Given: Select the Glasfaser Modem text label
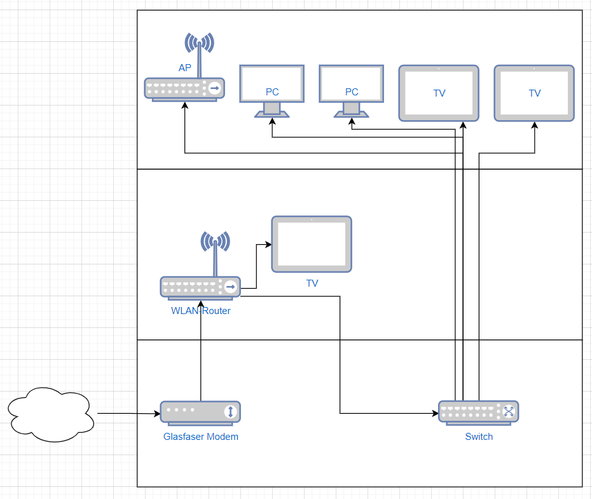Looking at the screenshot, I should (x=200, y=437).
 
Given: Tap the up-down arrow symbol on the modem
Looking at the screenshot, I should (x=230, y=412).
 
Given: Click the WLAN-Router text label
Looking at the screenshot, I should (x=200, y=311).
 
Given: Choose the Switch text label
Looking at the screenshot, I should (x=479, y=437).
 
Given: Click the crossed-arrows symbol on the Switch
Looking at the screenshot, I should (x=508, y=411).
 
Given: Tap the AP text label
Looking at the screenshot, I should (x=185, y=67).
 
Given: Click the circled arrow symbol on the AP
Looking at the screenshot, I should (x=215, y=88).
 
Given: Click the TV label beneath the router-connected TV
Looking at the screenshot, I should (x=312, y=284).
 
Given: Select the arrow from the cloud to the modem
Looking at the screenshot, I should (x=127, y=414).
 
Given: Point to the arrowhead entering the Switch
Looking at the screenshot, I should (x=435, y=414).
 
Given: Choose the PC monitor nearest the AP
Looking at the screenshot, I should (x=272, y=86).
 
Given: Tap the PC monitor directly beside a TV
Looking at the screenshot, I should (x=352, y=86).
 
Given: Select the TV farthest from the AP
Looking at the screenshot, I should (x=534, y=93).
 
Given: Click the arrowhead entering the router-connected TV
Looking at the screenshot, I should (x=268, y=245).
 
